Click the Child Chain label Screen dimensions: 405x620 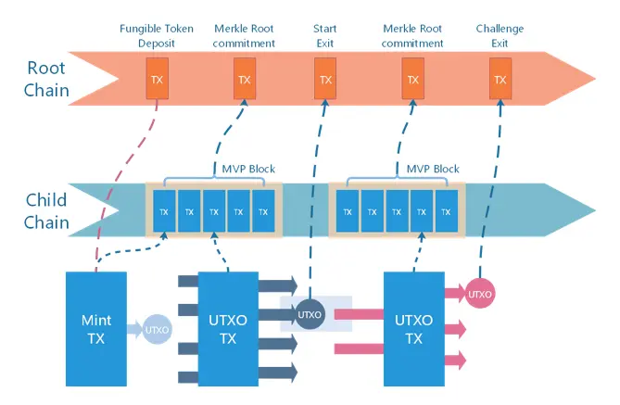pos(46,211)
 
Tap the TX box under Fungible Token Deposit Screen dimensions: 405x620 pos(158,79)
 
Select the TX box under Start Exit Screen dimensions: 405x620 pos(324,79)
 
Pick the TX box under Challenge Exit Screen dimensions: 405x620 pos(500,79)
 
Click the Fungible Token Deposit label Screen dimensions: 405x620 pos(157,36)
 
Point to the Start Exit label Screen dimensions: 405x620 pos(324,36)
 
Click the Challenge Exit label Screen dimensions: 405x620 pos(500,36)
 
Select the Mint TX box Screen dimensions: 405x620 pos(95,328)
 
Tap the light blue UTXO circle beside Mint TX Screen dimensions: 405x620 pos(156,330)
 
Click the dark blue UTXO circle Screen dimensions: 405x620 pos(310,314)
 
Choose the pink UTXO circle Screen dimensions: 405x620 pos(480,294)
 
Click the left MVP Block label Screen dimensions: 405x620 pos(248,170)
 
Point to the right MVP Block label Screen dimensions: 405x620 pos(433,170)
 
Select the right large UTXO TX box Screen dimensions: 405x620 pos(414,328)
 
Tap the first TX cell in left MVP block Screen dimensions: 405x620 pos(164,212)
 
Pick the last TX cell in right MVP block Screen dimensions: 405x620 pos(448,212)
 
